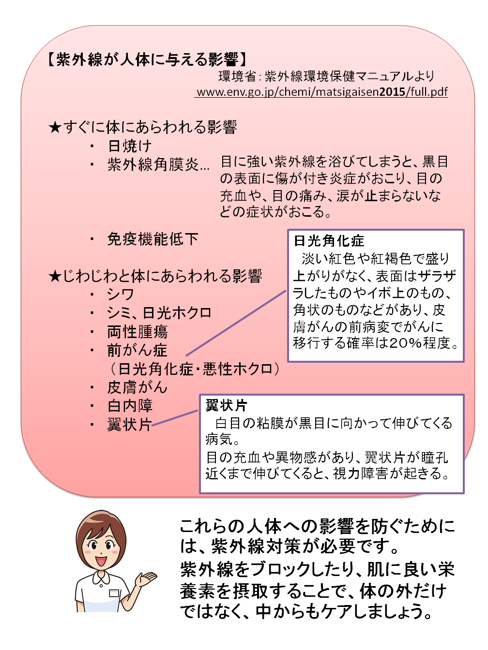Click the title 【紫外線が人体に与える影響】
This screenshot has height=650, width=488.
[x=147, y=59]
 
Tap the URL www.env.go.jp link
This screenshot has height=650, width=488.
[x=322, y=92]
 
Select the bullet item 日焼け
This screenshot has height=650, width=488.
[x=129, y=146]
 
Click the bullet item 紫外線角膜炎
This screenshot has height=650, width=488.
[x=158, y=164]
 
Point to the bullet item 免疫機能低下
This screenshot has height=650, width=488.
[x=152, y=239]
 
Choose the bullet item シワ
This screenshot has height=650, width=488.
[x=121, y=295]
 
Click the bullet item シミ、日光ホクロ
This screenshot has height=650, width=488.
[x=159, y=313]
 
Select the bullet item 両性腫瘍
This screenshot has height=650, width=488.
[x=137, y=332]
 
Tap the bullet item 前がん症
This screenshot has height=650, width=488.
[x=137, y=350]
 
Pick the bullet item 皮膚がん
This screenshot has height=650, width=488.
[x=137, y=387]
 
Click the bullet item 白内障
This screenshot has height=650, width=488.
[x=130, y=406]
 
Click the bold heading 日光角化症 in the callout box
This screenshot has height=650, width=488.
[x=329, y=241]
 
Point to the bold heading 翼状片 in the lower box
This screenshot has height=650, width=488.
[x=226, y=406]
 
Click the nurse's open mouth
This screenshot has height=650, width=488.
[x=101, y=561]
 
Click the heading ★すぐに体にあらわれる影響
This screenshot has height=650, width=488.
[x=143, y=127]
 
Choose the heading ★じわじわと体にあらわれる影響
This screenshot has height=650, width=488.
[x=155, y=276]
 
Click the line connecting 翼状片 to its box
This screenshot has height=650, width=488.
[x=174, y=418]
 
